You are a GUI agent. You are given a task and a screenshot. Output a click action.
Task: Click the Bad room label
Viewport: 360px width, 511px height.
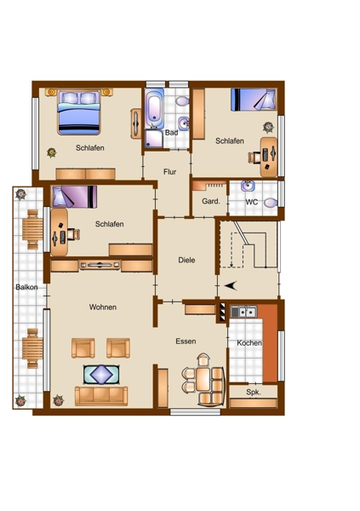click(171, 133)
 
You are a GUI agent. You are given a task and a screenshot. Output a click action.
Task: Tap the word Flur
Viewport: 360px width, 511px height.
click(169, 172)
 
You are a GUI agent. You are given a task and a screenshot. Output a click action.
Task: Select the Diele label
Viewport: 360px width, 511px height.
click(186, 260)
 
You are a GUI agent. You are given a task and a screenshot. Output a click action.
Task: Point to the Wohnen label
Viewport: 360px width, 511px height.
click(103, 307)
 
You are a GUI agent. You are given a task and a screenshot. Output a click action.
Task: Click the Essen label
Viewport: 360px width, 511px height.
click(186, 342)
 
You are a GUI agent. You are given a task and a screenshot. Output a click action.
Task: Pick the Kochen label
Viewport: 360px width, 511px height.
click(249, 343)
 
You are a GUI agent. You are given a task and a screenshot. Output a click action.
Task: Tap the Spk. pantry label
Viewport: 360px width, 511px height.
click(254, 393)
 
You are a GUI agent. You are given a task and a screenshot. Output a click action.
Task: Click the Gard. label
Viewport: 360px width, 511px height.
click(211, 201)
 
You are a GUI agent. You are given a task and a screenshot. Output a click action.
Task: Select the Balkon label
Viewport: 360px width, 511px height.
click(26, 287)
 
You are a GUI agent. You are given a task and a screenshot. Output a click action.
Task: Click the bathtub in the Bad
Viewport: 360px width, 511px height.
click(154, 110)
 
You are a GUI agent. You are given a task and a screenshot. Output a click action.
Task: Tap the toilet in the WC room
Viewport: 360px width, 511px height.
click(270, 203)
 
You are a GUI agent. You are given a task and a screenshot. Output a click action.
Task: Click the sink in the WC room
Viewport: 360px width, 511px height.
click(248, 186)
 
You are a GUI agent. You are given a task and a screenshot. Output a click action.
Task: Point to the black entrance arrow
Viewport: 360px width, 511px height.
click(231, 286)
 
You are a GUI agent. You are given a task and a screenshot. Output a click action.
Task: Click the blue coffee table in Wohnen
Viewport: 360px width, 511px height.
click(101, 375)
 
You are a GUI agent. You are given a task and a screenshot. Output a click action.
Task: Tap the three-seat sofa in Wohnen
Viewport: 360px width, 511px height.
click(101, 396)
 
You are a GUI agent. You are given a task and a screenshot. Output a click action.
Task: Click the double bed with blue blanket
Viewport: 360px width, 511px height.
click(79, 112)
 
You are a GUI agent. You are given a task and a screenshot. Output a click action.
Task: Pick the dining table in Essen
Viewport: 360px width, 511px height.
click(203, 379)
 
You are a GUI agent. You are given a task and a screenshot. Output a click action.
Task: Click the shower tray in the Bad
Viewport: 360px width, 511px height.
click(154, 139)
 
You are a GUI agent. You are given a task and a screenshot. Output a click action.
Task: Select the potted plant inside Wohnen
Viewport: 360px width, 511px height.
click(59, 400)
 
